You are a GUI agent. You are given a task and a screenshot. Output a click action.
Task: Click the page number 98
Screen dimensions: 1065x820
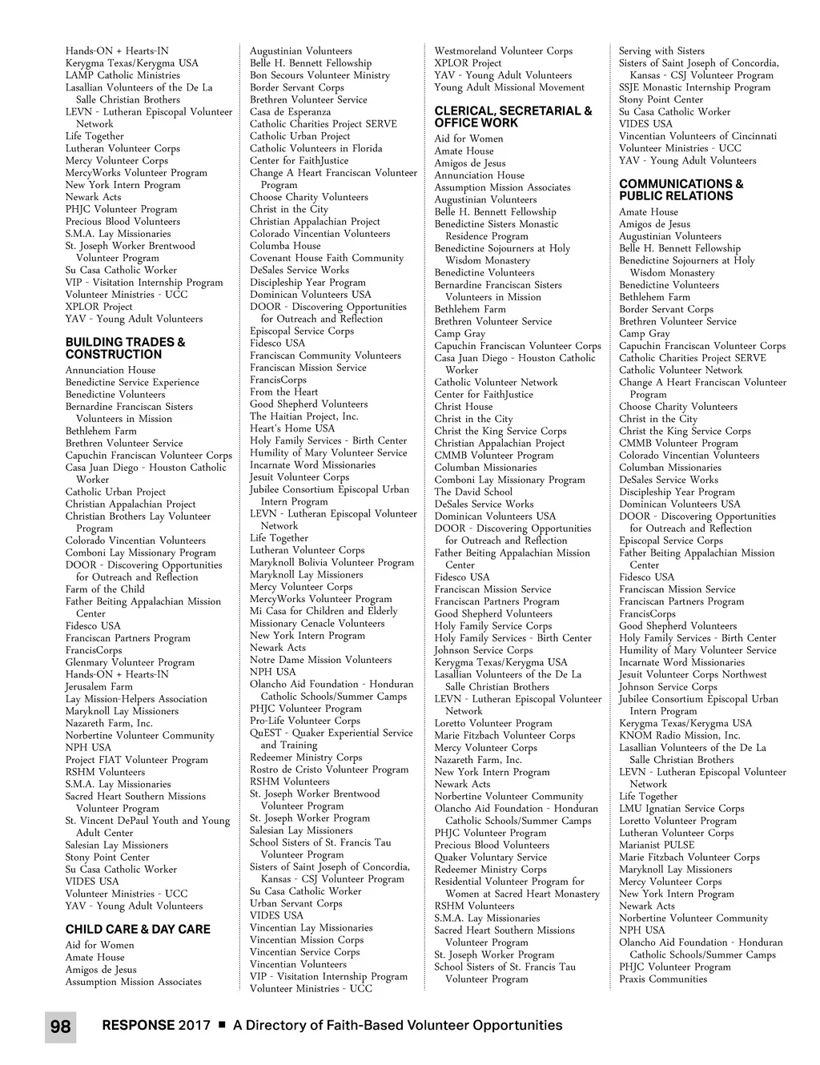[60, 1027]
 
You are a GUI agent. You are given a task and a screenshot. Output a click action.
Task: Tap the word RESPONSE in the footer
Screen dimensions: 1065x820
[138, 1025]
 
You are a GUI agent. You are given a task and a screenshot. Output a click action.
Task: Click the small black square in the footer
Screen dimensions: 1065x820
[222, 1025]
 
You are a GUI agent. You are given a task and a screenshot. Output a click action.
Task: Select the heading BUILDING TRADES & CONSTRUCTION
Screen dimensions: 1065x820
[125, 348]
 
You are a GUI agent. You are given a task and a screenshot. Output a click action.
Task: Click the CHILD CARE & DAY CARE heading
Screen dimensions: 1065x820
[138, 929]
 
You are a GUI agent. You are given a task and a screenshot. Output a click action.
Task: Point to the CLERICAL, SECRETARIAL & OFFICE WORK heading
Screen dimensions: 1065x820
[512, 117]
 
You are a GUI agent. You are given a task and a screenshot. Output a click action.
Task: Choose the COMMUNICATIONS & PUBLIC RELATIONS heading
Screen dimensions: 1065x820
[681, 190]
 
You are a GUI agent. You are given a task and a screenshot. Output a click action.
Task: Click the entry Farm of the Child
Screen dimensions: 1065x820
[105, 589]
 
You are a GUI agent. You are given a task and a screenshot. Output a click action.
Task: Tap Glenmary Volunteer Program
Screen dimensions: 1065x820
[130, 662]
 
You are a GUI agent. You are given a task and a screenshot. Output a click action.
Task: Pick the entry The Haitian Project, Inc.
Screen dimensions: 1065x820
[303, 416]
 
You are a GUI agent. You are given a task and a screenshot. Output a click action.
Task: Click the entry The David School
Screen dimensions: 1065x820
[473, 492]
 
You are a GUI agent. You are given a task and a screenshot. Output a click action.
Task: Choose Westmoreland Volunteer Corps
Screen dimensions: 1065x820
[503, 51]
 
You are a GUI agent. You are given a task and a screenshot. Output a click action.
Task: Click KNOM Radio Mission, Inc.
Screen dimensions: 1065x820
[679, 735]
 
